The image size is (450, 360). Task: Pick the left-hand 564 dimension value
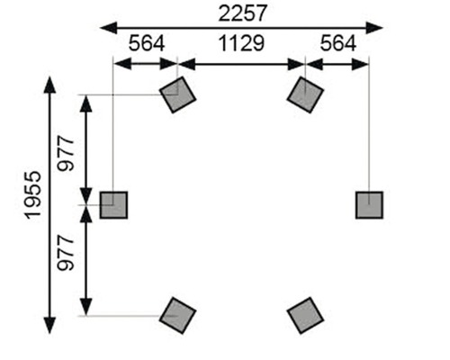coord(147,44)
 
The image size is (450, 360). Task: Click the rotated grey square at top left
coord(177,94)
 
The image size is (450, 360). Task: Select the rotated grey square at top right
coord(306,94)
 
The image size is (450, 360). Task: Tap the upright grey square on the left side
coord(114,205)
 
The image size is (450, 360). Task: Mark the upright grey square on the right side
coord(369,205)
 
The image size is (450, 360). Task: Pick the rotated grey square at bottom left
coord(177,315)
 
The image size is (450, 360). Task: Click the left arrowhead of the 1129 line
coord(184,64)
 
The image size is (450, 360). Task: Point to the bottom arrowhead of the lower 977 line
coord(87,307)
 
